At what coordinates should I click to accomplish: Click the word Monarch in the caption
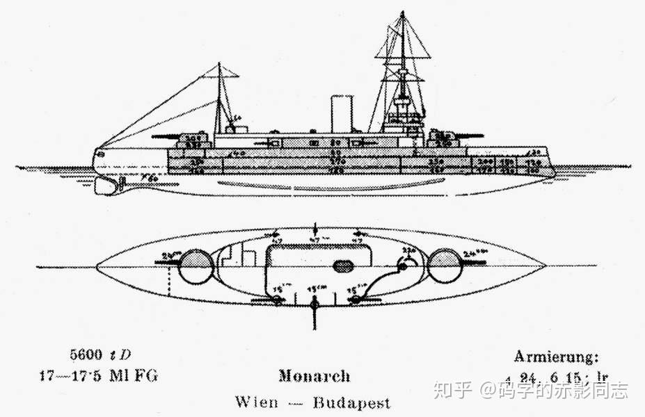(x=314, y=377)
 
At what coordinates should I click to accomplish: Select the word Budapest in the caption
(x=351, y=402)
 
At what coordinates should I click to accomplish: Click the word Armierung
(x=555, y=357)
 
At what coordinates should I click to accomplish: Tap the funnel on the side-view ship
(x=341, y=114)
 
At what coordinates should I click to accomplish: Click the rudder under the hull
(x=122, y=185)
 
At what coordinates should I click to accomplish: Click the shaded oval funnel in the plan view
(x=342, y=266)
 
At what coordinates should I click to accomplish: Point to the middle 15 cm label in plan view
(x=317, y=287)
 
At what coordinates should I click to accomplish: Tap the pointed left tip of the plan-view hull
(x=96, y=266)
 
